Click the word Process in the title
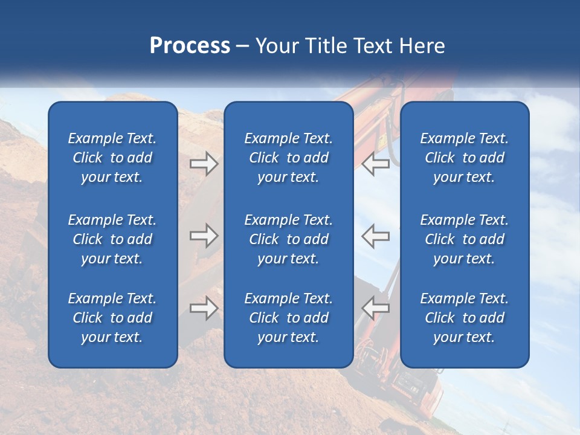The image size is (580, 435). tap(190, 46)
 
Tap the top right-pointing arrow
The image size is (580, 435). tap(204, 164)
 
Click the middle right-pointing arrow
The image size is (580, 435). tap(204, 236)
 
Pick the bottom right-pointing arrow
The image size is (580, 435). tap(204, 308)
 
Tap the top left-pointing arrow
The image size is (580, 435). tap(376, 164)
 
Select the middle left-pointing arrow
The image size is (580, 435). tap(376, 236)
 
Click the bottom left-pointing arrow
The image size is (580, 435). tap(376, 308)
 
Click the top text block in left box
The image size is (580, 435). tap(112, 158)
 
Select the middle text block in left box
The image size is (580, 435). tap(112, 239)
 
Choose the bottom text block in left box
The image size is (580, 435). tap(112, 318)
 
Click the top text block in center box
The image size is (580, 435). tap(288, 158)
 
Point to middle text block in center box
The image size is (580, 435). tap(288, 239)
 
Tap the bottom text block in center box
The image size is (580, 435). tap(288, 318)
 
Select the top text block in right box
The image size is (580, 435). tap(464, 158)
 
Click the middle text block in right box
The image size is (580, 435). tap(464, 239)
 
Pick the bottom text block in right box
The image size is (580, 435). tap(464, 318)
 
